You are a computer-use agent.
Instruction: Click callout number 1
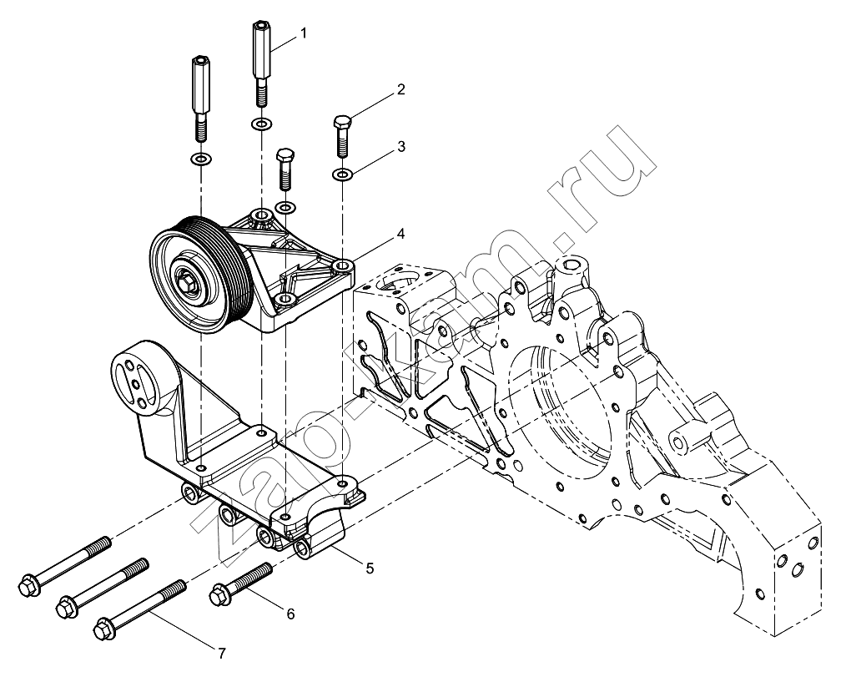pyautogui.click(x=303, y=34)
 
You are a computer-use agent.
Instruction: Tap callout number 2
pyautogui.click(x=400, y=89)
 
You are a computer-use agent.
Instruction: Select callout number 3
pyautogui.click(x=400, y=147)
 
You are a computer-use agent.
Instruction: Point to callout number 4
pyautogui.click(x=400, y=235)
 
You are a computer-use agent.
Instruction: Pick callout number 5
pyautogui.click(x=370, y=568)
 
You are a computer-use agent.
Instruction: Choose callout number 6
pyautogui.click(x=291, y=614)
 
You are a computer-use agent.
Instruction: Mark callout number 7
pyautogui.click(x=221, y=654)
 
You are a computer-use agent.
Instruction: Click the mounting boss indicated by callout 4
pyautogui.click(x=343, y=265)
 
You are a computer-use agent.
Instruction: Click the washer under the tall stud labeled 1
pyautogui.click(x=261, y=125)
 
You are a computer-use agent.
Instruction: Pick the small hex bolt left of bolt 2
pyautogui.click(x=284, y=169)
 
